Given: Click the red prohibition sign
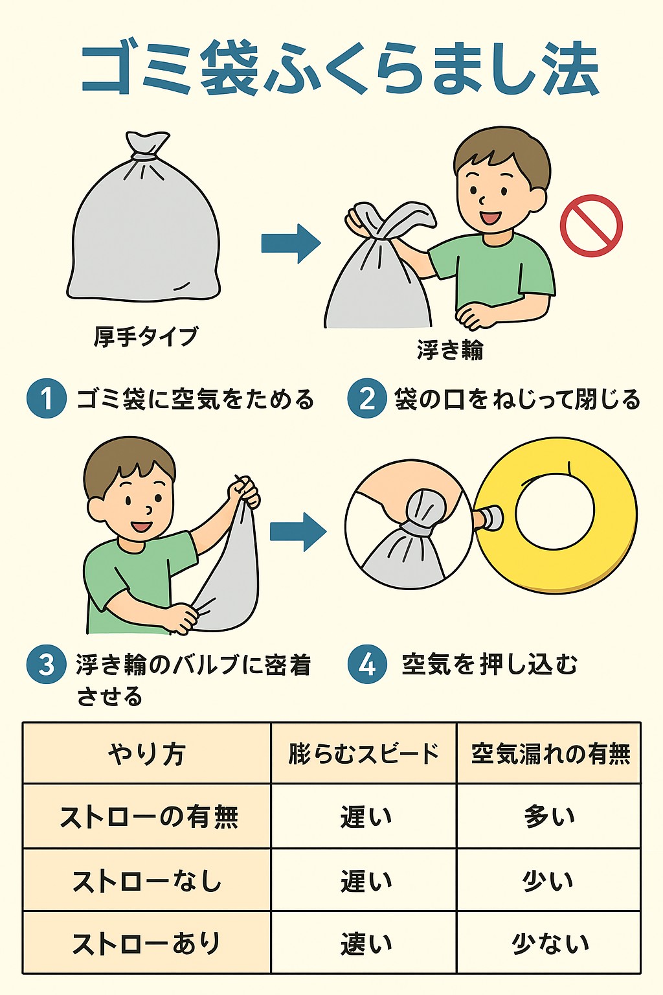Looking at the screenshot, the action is coord(591,225).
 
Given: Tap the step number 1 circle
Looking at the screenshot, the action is coord(47,398).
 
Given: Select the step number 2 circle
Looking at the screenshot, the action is coord(367,398).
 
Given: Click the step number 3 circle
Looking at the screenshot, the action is coord(47,665).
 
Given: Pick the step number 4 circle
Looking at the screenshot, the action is coord(367,665).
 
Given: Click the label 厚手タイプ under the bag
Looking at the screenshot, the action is coord(145,336).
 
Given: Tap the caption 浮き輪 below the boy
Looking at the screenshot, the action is coord(450,350).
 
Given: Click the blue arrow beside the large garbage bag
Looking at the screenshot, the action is coord(291,243).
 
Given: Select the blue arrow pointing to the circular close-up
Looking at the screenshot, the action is coord(298,531).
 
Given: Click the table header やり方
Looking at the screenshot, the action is coord(146,754).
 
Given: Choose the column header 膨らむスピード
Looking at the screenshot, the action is coord(364,754).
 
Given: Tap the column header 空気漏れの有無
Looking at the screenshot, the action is coord(550,754).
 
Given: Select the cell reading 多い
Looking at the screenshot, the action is coord(550,816).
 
